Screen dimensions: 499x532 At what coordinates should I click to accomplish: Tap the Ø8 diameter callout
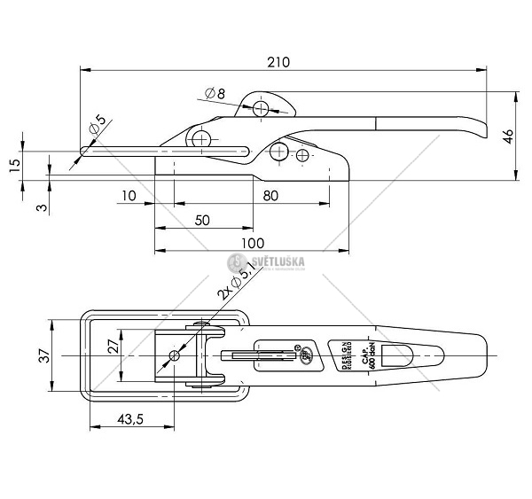tap(215, 93)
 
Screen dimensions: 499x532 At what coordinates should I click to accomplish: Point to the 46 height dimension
tap(508, 136)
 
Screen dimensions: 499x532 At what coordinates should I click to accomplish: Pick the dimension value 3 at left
tap(15, 207)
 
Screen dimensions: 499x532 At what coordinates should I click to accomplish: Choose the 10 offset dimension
tap(129, 196)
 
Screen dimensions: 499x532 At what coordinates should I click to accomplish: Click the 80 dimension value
tap(269, 196)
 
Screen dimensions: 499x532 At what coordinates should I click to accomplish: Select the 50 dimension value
tap(201, 219)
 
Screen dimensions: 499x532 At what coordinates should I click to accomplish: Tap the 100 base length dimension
tap(253, 242)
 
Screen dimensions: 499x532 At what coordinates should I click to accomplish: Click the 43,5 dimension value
tap(129, 419)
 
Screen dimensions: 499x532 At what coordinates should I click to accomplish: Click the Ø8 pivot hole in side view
tap(261, 108)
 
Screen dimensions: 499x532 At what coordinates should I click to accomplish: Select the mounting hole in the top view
tap(175, 355)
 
